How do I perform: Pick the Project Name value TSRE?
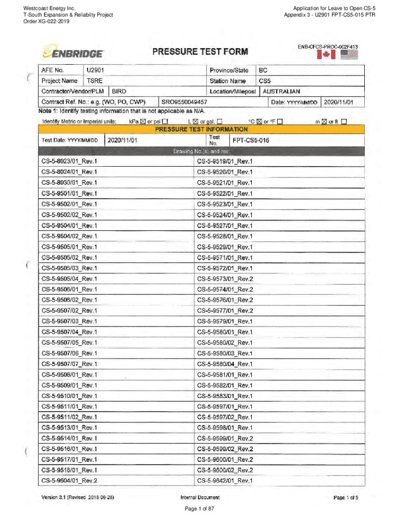pos(94,81)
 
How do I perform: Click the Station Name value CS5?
pos(265,81)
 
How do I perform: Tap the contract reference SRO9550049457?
pos(185,102)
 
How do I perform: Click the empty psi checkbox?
pos(164,122)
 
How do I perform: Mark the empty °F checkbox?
pos(280,122)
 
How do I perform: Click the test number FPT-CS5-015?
pos(251,140)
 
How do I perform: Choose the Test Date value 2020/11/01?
pos(123,140)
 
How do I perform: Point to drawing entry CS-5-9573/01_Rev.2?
pos(225,278)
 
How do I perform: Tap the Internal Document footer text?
pos(199,497)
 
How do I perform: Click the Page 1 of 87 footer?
pos(199,509)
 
